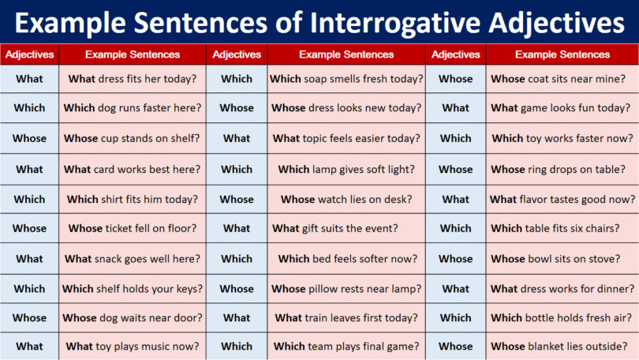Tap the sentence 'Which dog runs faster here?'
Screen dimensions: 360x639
click(133, 108)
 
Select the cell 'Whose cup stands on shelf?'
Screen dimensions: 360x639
click(132, 138)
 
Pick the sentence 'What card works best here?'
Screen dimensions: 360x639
click(133, 169)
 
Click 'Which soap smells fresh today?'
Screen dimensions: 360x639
click(346, 79)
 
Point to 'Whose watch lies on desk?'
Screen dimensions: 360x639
click(346, 199)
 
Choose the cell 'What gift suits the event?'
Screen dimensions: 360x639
click(346, 228)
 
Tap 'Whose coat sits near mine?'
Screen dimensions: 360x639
click(559, 79)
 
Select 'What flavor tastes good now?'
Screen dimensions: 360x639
click(562, 199)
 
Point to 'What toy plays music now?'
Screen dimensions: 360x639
click(133, 346)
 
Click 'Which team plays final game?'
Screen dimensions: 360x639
click(346, 346)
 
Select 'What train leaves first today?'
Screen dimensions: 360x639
click(346, 317)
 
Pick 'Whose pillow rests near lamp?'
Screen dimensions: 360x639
click(346, 288)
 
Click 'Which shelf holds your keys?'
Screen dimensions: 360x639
click(133, 288)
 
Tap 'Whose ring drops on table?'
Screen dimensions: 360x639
click(559, 169)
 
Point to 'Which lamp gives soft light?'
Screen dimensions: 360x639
click(346, 169)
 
